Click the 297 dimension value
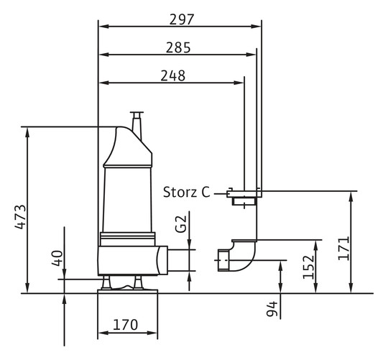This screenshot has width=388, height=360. point(181,19)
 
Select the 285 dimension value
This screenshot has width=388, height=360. point(178,47)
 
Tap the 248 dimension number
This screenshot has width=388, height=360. point(172,75)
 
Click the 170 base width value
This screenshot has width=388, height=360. point(125,326)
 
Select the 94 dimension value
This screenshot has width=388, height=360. point(272,310)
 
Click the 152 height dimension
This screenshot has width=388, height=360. point(308,267)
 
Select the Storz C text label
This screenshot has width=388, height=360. point(186,192)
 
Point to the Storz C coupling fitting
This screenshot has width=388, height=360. point(244,194)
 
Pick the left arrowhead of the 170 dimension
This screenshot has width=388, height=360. point(101,336)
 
